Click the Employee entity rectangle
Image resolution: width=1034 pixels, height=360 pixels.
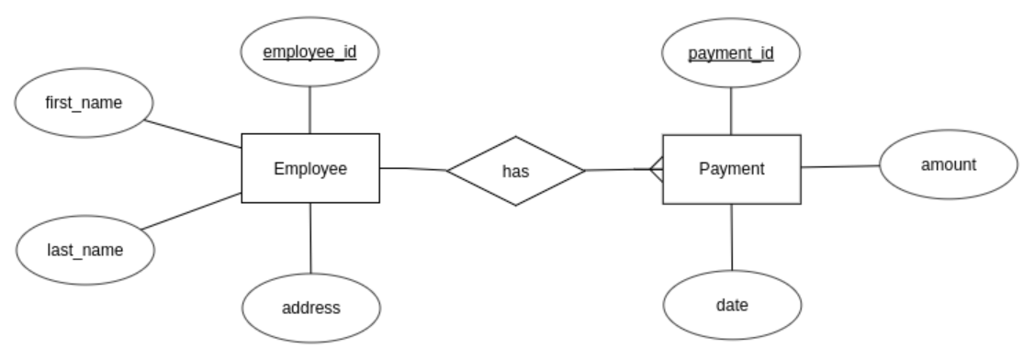point(310,168)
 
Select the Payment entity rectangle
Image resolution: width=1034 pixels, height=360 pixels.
point(731,169)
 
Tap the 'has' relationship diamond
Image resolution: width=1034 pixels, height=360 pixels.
point(515,171)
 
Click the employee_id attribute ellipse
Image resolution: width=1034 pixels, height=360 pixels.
point(310,52)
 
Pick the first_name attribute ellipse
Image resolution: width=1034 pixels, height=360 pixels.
point(84,101)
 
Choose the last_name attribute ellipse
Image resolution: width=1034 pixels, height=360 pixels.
point(84,249)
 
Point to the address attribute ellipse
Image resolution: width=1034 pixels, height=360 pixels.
point(310,307)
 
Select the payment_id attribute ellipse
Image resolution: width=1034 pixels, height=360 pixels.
point(731,53)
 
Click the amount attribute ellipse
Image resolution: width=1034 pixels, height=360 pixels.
point(949,165)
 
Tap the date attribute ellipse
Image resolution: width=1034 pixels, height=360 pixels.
point(732,305)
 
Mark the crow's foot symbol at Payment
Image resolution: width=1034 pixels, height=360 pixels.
point(655,169)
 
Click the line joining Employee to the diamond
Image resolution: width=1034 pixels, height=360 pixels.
point(413,169)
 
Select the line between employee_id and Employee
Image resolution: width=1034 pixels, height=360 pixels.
point(310,110)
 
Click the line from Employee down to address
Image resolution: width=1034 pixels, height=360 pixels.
point(310,238)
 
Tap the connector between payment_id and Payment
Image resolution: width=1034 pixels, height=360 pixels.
point(731,111)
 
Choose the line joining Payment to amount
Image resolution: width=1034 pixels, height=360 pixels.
point(840,167)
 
